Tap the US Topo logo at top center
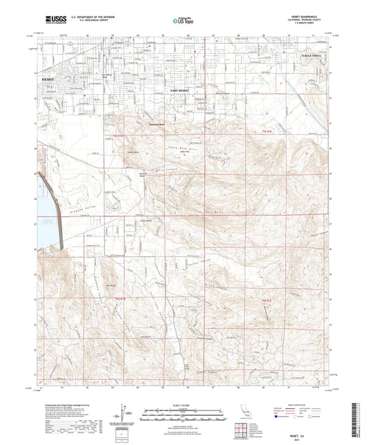(182, 21)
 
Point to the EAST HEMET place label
(182, 91)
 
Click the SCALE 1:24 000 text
(183, 404)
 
